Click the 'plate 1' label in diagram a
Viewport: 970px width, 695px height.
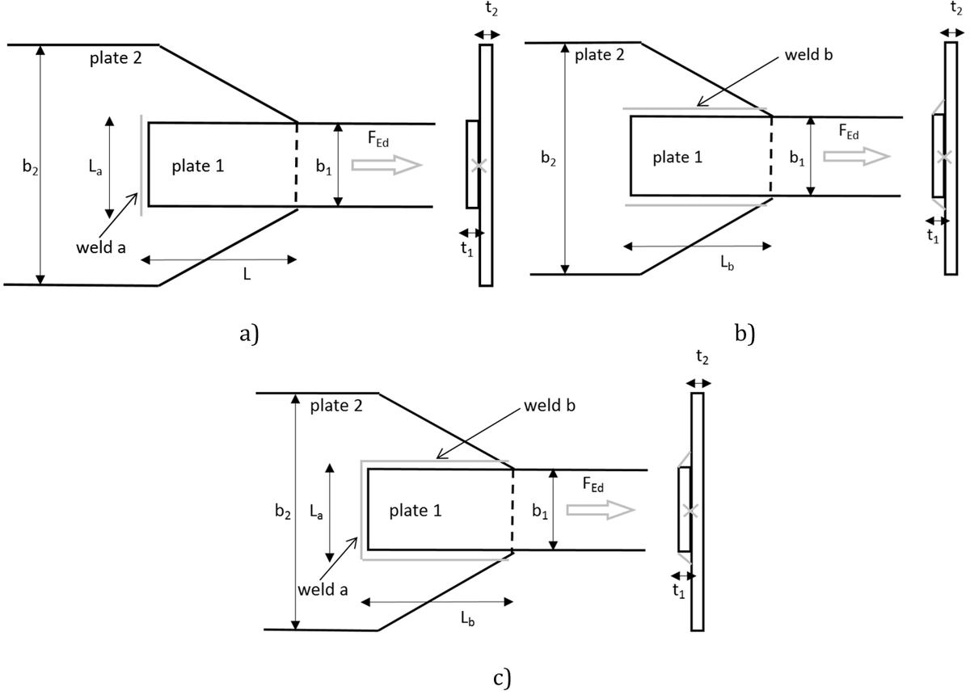(198, 166)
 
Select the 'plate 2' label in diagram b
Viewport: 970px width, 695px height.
(599, 55)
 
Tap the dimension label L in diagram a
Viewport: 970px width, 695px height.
(247, 275)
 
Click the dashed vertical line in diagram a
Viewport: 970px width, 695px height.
(297, 165)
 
